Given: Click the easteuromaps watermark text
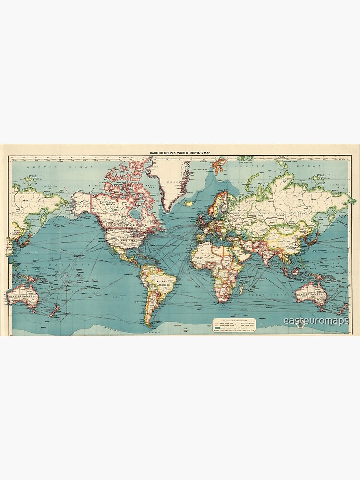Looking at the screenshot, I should [315, 320].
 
